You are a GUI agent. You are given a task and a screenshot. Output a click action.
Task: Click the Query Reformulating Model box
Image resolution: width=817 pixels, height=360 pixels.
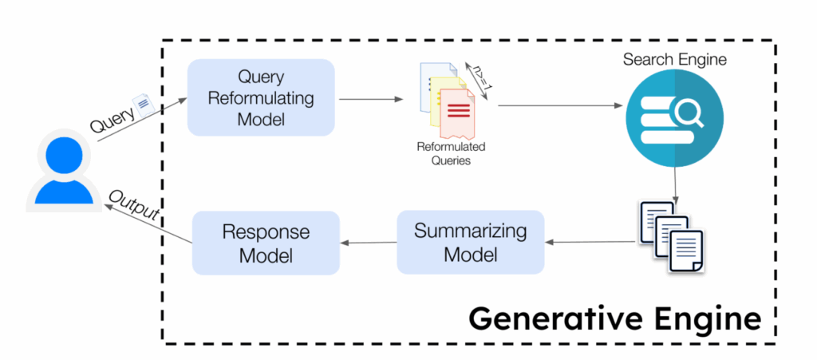pyautogui.click(x=260, y=97)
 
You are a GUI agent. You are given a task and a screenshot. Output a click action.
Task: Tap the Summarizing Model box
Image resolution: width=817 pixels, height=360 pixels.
pyautogui.click(x=470, y=242)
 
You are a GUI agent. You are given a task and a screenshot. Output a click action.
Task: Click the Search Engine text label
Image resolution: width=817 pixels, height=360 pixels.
pyautogui.click(x=675, y=60)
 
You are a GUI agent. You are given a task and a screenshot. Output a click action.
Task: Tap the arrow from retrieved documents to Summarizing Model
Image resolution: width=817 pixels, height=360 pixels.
pyautogui.click(x=589, y=242)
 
